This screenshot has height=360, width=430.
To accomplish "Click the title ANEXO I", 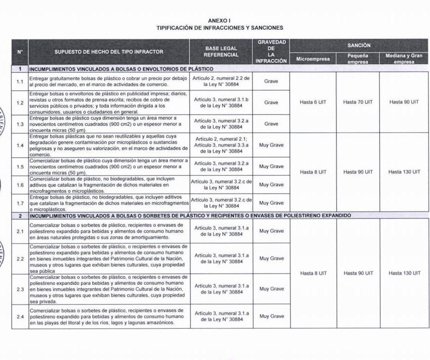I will click(x=219, y=21).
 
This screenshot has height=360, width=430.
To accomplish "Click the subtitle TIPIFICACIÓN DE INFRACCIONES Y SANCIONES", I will click(x=219, y=28).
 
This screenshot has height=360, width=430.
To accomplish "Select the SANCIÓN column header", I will click(x=358, y=45).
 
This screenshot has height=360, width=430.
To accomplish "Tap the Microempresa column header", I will click(x=313, y=59).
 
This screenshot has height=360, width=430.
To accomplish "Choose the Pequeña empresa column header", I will click(x=358, y=59).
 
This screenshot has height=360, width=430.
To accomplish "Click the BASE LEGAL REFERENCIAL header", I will click(x=221, y=52).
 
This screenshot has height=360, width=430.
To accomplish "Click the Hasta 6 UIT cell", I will click(x=313, y=102).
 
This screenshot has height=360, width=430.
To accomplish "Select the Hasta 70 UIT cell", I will click(x=358, y=102).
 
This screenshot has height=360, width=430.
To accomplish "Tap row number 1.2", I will click(x=20, y=103).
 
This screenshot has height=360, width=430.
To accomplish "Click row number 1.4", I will click(x=20, y=145).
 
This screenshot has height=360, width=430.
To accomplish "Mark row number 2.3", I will click(x=20, y=289).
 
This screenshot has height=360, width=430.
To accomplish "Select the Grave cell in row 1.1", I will click(x=271, y=81).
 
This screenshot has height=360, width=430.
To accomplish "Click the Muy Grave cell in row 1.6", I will click(x=271, y=185).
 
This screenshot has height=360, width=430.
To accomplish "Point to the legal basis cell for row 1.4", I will click(x=221, y=145).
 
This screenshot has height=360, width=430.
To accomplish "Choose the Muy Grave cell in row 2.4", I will click(x=271, y=316).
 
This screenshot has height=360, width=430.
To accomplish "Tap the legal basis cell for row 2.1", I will click(x=221, y=231).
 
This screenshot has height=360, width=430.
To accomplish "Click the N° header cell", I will click(x=20, y=52).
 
